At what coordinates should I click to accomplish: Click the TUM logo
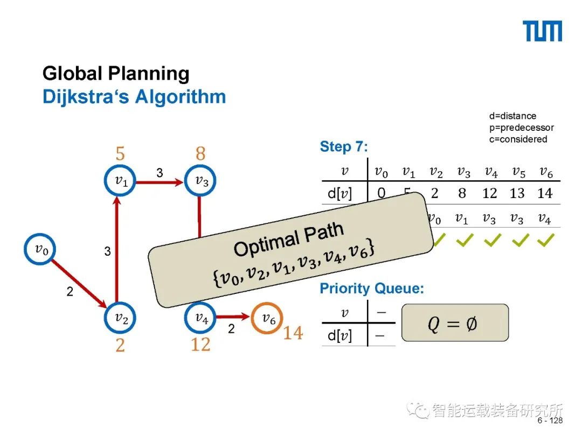[x=543, y=32]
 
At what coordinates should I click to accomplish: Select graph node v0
[x=40, y=249]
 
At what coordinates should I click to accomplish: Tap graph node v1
[x=120, y=181]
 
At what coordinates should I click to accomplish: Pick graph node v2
[x=120, y=318]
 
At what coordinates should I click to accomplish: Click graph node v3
[x=200, y=181]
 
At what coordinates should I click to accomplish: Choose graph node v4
[x=200, y=318]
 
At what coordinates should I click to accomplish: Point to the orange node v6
[x=268, y=318]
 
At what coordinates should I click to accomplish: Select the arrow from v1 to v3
[x=160, y=182]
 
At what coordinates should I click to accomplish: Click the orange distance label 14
[x=293, y=334]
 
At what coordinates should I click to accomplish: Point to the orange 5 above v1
[x=120, y=154]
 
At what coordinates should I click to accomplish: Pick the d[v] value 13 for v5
[x=517, y=193]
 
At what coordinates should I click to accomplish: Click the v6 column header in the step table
[x=545, y=172]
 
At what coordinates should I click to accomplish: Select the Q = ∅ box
[x=454, y=323]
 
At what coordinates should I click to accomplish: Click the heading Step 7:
[x=344, y=146]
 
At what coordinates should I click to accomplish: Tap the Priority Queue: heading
[x=372, y=289]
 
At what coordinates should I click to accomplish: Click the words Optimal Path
[x=289, y=239]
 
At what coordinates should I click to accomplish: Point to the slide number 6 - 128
[x=550, y=420]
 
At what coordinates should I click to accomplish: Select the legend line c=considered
[x=518, y=139]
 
